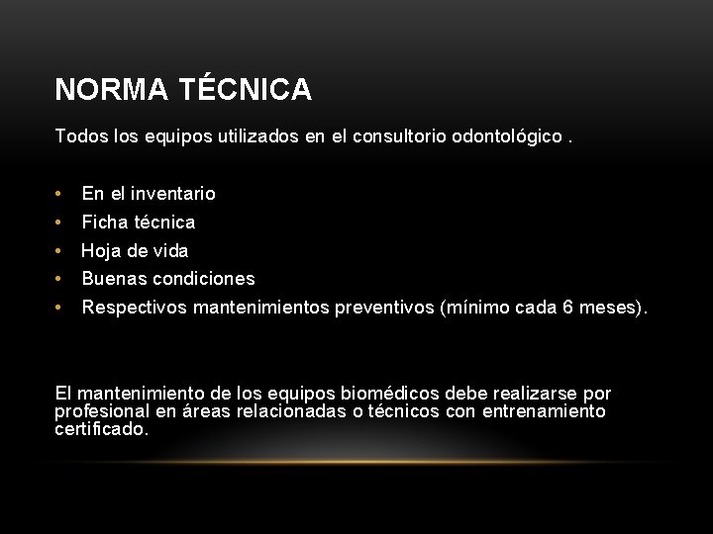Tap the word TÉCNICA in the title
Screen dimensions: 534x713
point(247,91)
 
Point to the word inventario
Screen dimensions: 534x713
point(172,194)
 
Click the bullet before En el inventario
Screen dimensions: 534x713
point(60,194)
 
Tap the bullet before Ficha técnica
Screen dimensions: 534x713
point(60,222)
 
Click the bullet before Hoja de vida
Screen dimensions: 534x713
point(60,251)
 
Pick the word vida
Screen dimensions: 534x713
point(169,251)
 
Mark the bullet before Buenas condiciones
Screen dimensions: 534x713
point(60,279)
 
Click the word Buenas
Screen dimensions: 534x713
point(114,279)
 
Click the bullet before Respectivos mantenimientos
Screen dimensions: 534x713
point(60,308)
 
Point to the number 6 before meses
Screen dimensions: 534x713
point(567,308)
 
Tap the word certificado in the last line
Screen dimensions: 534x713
point(102,429)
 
